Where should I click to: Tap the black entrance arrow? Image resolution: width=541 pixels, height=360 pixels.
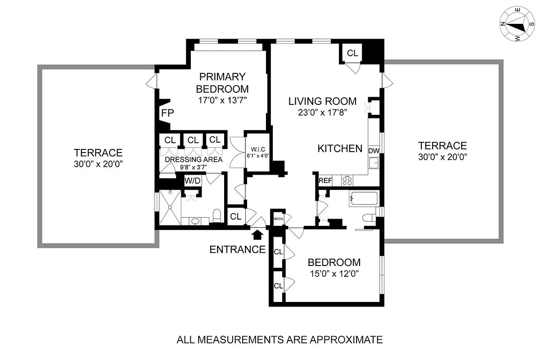pos(258,234)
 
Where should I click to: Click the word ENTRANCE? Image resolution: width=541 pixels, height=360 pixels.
pos(237,249)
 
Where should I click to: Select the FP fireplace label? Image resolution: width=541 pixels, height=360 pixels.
pos(167,112)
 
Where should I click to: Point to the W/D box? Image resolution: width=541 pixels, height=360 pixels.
pos(192,181)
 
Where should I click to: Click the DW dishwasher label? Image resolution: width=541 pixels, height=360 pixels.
pos(374,151)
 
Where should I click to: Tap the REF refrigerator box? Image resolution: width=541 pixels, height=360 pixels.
pos(325,181)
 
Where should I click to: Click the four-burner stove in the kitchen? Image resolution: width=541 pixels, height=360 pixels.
pos(347,181)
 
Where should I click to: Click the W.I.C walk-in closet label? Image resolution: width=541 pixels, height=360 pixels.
pos(257,153)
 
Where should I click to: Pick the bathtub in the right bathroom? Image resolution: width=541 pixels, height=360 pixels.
pos(364,198)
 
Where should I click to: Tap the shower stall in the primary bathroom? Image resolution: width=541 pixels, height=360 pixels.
pos(170,207)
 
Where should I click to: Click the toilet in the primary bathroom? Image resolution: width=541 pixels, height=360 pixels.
pos(216,216)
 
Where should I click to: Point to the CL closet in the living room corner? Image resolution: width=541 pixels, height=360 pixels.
pos(352,53)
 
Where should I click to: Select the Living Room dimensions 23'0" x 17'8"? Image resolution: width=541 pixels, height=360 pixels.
pos(323,112)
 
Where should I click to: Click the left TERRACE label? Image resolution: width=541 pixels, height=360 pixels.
pos(98,153)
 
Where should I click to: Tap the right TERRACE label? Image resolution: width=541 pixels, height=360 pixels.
pos(442,146)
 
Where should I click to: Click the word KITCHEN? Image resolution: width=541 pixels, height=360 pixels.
pos(340,148)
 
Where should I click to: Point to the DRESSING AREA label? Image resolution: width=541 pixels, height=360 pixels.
pos(194,159)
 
